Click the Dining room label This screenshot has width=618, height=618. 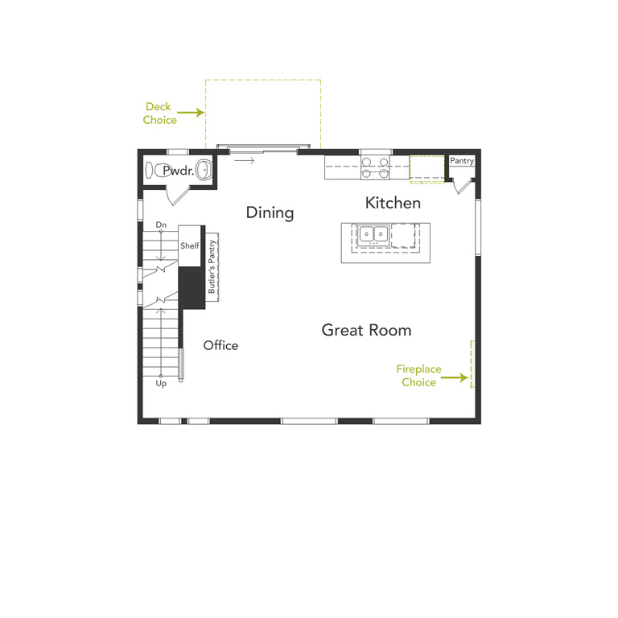[270, 213]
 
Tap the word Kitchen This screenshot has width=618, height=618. [393, 203]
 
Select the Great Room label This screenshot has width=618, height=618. [366, 330]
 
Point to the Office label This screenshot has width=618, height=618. [220, 345]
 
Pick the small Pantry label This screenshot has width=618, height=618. [462, 161]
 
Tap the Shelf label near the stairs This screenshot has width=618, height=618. [189, 245]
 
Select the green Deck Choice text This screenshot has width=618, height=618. [160, 113]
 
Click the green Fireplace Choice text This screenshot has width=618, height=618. [418, 376]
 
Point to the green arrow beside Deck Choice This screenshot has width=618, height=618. [191, 113]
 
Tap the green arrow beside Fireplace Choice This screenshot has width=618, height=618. [455, 377]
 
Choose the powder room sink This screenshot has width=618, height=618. [205, 171]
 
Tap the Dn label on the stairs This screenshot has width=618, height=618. [161, 225]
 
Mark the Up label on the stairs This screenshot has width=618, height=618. [161, 384]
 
